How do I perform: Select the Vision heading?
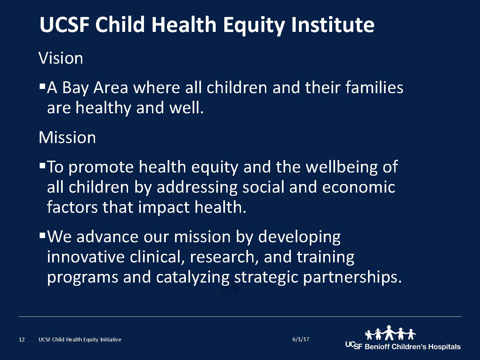coord(61,58)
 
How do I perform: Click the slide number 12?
coord(22,340)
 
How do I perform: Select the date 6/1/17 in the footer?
coord(301,339)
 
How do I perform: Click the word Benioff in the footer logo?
coord(377,347)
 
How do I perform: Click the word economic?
coord(359,187)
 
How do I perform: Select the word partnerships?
coord(352,277)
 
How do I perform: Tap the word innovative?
coord(86,257)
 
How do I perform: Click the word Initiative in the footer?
coord(111,340)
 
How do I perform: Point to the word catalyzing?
coord(193,277)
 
